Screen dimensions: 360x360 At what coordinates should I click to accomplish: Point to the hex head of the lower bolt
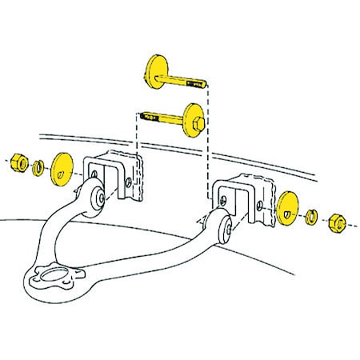tap(197, 125)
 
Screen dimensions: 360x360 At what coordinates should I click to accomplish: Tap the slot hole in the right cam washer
tap(286, 212)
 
